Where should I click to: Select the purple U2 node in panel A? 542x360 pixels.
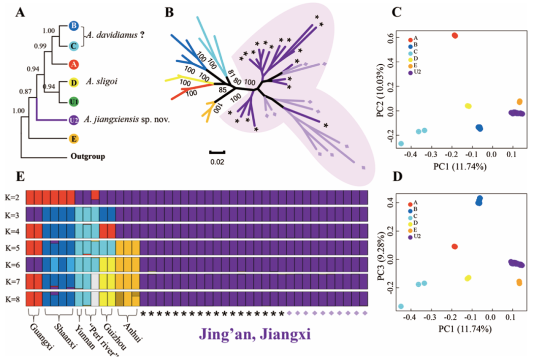[73, 120]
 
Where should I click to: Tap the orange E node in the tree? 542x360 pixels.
[73, 138]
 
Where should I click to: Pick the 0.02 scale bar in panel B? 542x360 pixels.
[217, 151]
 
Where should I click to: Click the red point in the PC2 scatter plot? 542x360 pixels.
[454, 35]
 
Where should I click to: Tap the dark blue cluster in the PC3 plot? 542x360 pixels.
[479, 201]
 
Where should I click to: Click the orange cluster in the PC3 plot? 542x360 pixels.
[519, 282]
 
